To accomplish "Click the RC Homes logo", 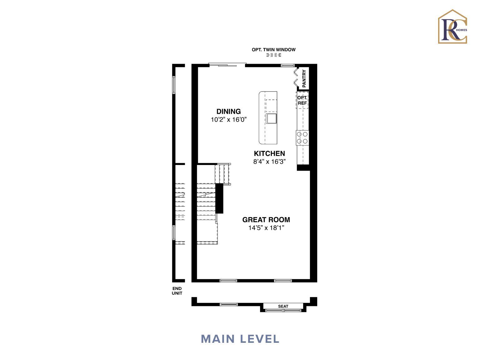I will pyautogui.click(x=452, y=27).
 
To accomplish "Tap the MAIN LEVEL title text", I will pyautogui.click(x=240, y=339).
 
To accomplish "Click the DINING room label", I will pyautogui.click(x=228, y=111).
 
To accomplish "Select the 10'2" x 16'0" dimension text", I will pyautogui.click(x=229, y=119).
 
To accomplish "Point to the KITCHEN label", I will pyautogui.click(x=269, y=153).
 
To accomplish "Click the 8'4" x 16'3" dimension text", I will pyautogui.click(x=269, y=162).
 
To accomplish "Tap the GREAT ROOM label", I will pyautogui.click(x=266, y=220).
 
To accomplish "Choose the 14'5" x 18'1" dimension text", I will pyautogui.click(x=266, y=228).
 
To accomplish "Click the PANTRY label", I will pyautogui.click(x=304, y=78).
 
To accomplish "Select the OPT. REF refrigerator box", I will pyautogui.click(x=302, y=100).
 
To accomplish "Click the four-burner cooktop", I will pyautogui.click(x=302, y=138).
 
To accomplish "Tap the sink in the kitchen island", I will pyautogui.click(x=271, y=119).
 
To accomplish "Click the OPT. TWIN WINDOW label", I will pyautogui.click(x=273, y=49).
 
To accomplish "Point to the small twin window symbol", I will pyautogui.click(x=273, y=55).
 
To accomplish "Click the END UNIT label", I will pyautogui.click(x=177, y=291).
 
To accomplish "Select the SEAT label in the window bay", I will pyautogui.click(x=283, y=306).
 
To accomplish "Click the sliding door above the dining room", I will pyautogui.click(x=227, y=65).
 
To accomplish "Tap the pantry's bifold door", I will pyautogui.click(x=295, y=78).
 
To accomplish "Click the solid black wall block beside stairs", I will pyautogui.click(x=219, y=198).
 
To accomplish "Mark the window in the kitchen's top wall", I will pyautogui.click(x=287, y=65).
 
